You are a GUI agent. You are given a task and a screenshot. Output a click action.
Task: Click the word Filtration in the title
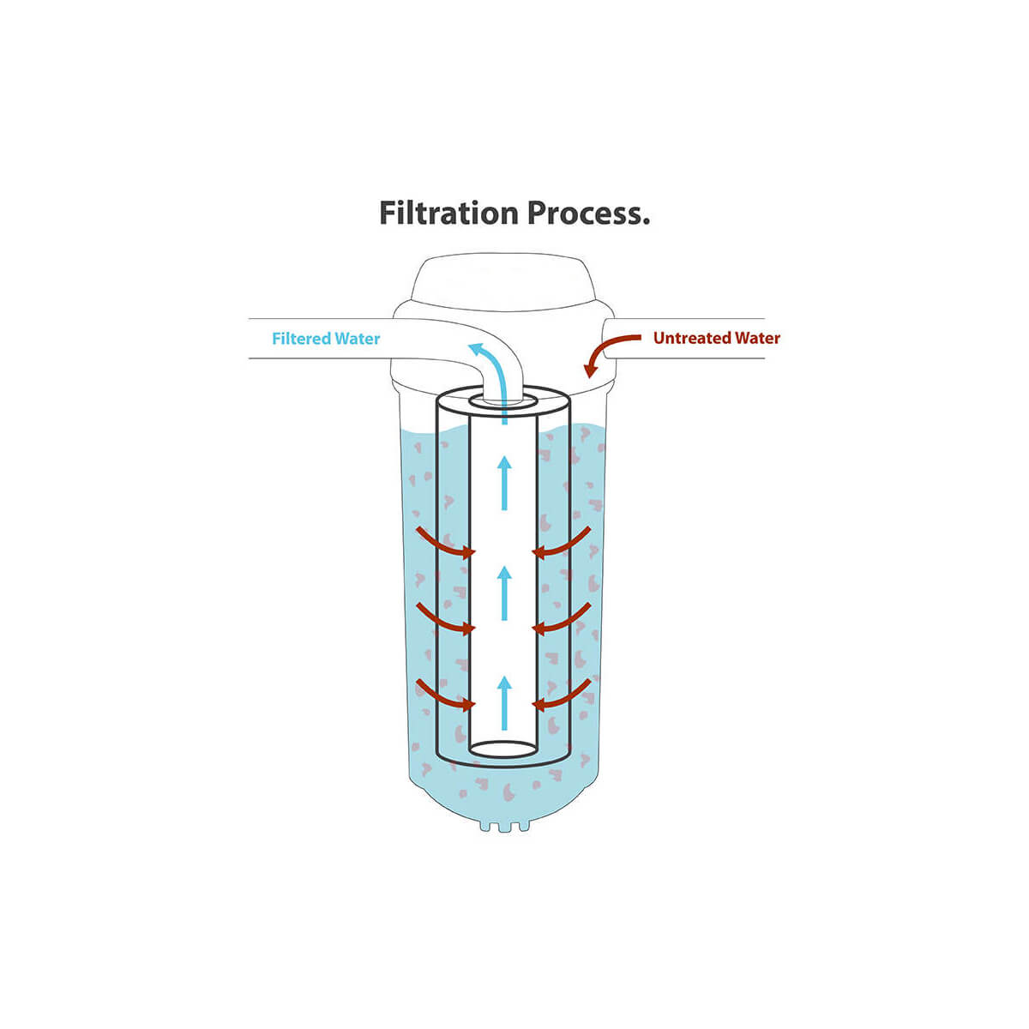(x=448, y=213)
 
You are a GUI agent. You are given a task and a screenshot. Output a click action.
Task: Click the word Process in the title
(x=584, y=213)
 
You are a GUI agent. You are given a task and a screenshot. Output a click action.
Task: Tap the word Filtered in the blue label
(x=300, y=339)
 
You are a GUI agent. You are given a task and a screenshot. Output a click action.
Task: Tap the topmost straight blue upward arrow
(x=504, y=483)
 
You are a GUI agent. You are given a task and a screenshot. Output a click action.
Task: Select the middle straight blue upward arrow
(x=504, y=593)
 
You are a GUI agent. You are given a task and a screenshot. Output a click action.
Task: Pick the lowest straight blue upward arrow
(x=504, y=703)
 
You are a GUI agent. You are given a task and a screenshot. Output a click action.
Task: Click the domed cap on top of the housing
(x=503, y=280)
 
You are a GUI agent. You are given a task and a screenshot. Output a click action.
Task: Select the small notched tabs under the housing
(x=504, y=826)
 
